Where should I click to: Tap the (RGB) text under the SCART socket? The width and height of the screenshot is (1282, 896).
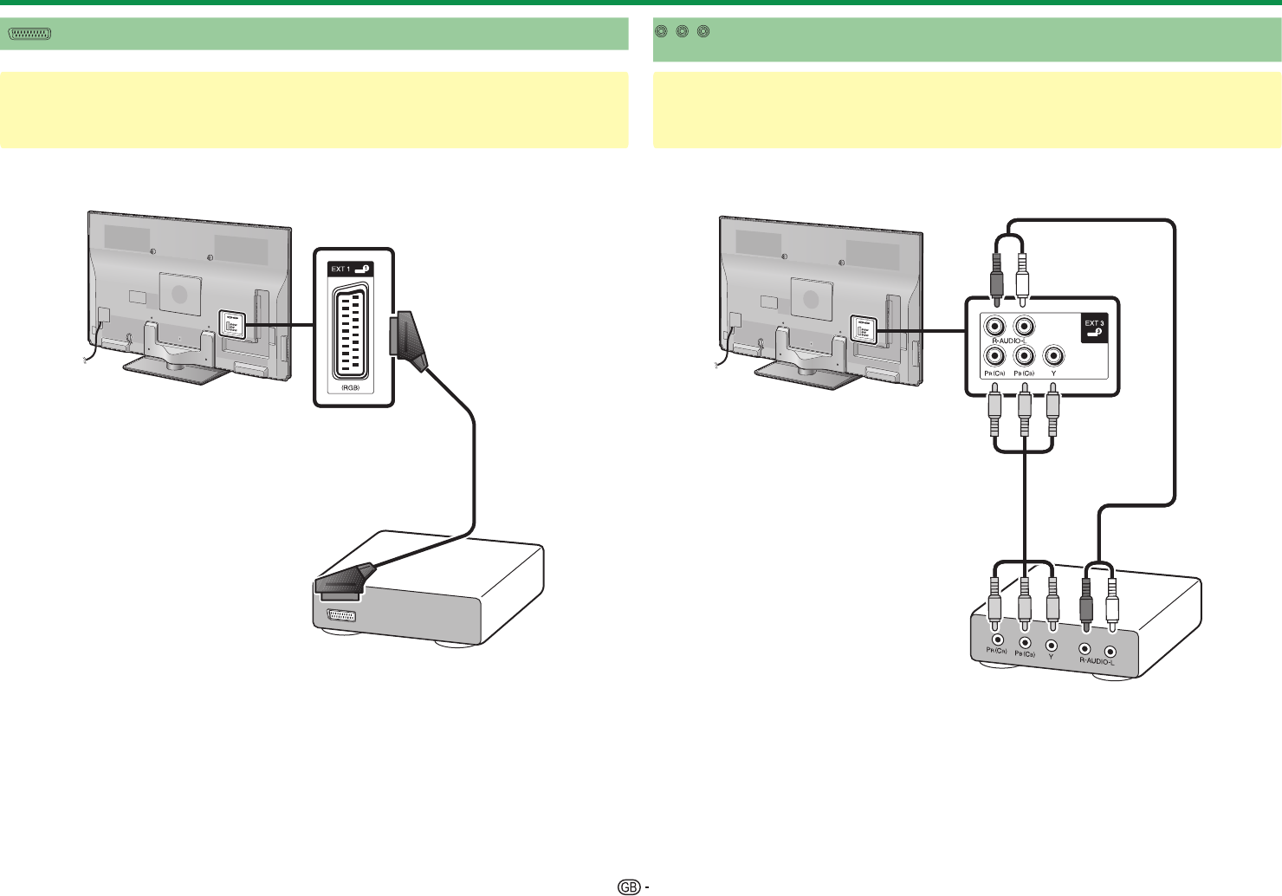click(350, 387)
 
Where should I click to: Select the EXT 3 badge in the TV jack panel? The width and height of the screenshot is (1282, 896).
click(1094, 328)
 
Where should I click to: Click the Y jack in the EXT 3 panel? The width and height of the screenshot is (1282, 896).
click(1053, 356)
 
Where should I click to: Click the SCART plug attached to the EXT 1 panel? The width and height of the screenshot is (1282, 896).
click(408, 342)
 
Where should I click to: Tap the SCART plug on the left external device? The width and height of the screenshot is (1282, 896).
click(345, 580)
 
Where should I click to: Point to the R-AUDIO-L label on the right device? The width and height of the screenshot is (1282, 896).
click(1097, 662)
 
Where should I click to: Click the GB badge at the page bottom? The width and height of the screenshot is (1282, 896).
click(629, 886)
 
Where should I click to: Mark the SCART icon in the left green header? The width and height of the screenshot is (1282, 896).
click(30, 34)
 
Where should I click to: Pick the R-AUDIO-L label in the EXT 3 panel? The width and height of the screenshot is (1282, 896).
click(1010, 340)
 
